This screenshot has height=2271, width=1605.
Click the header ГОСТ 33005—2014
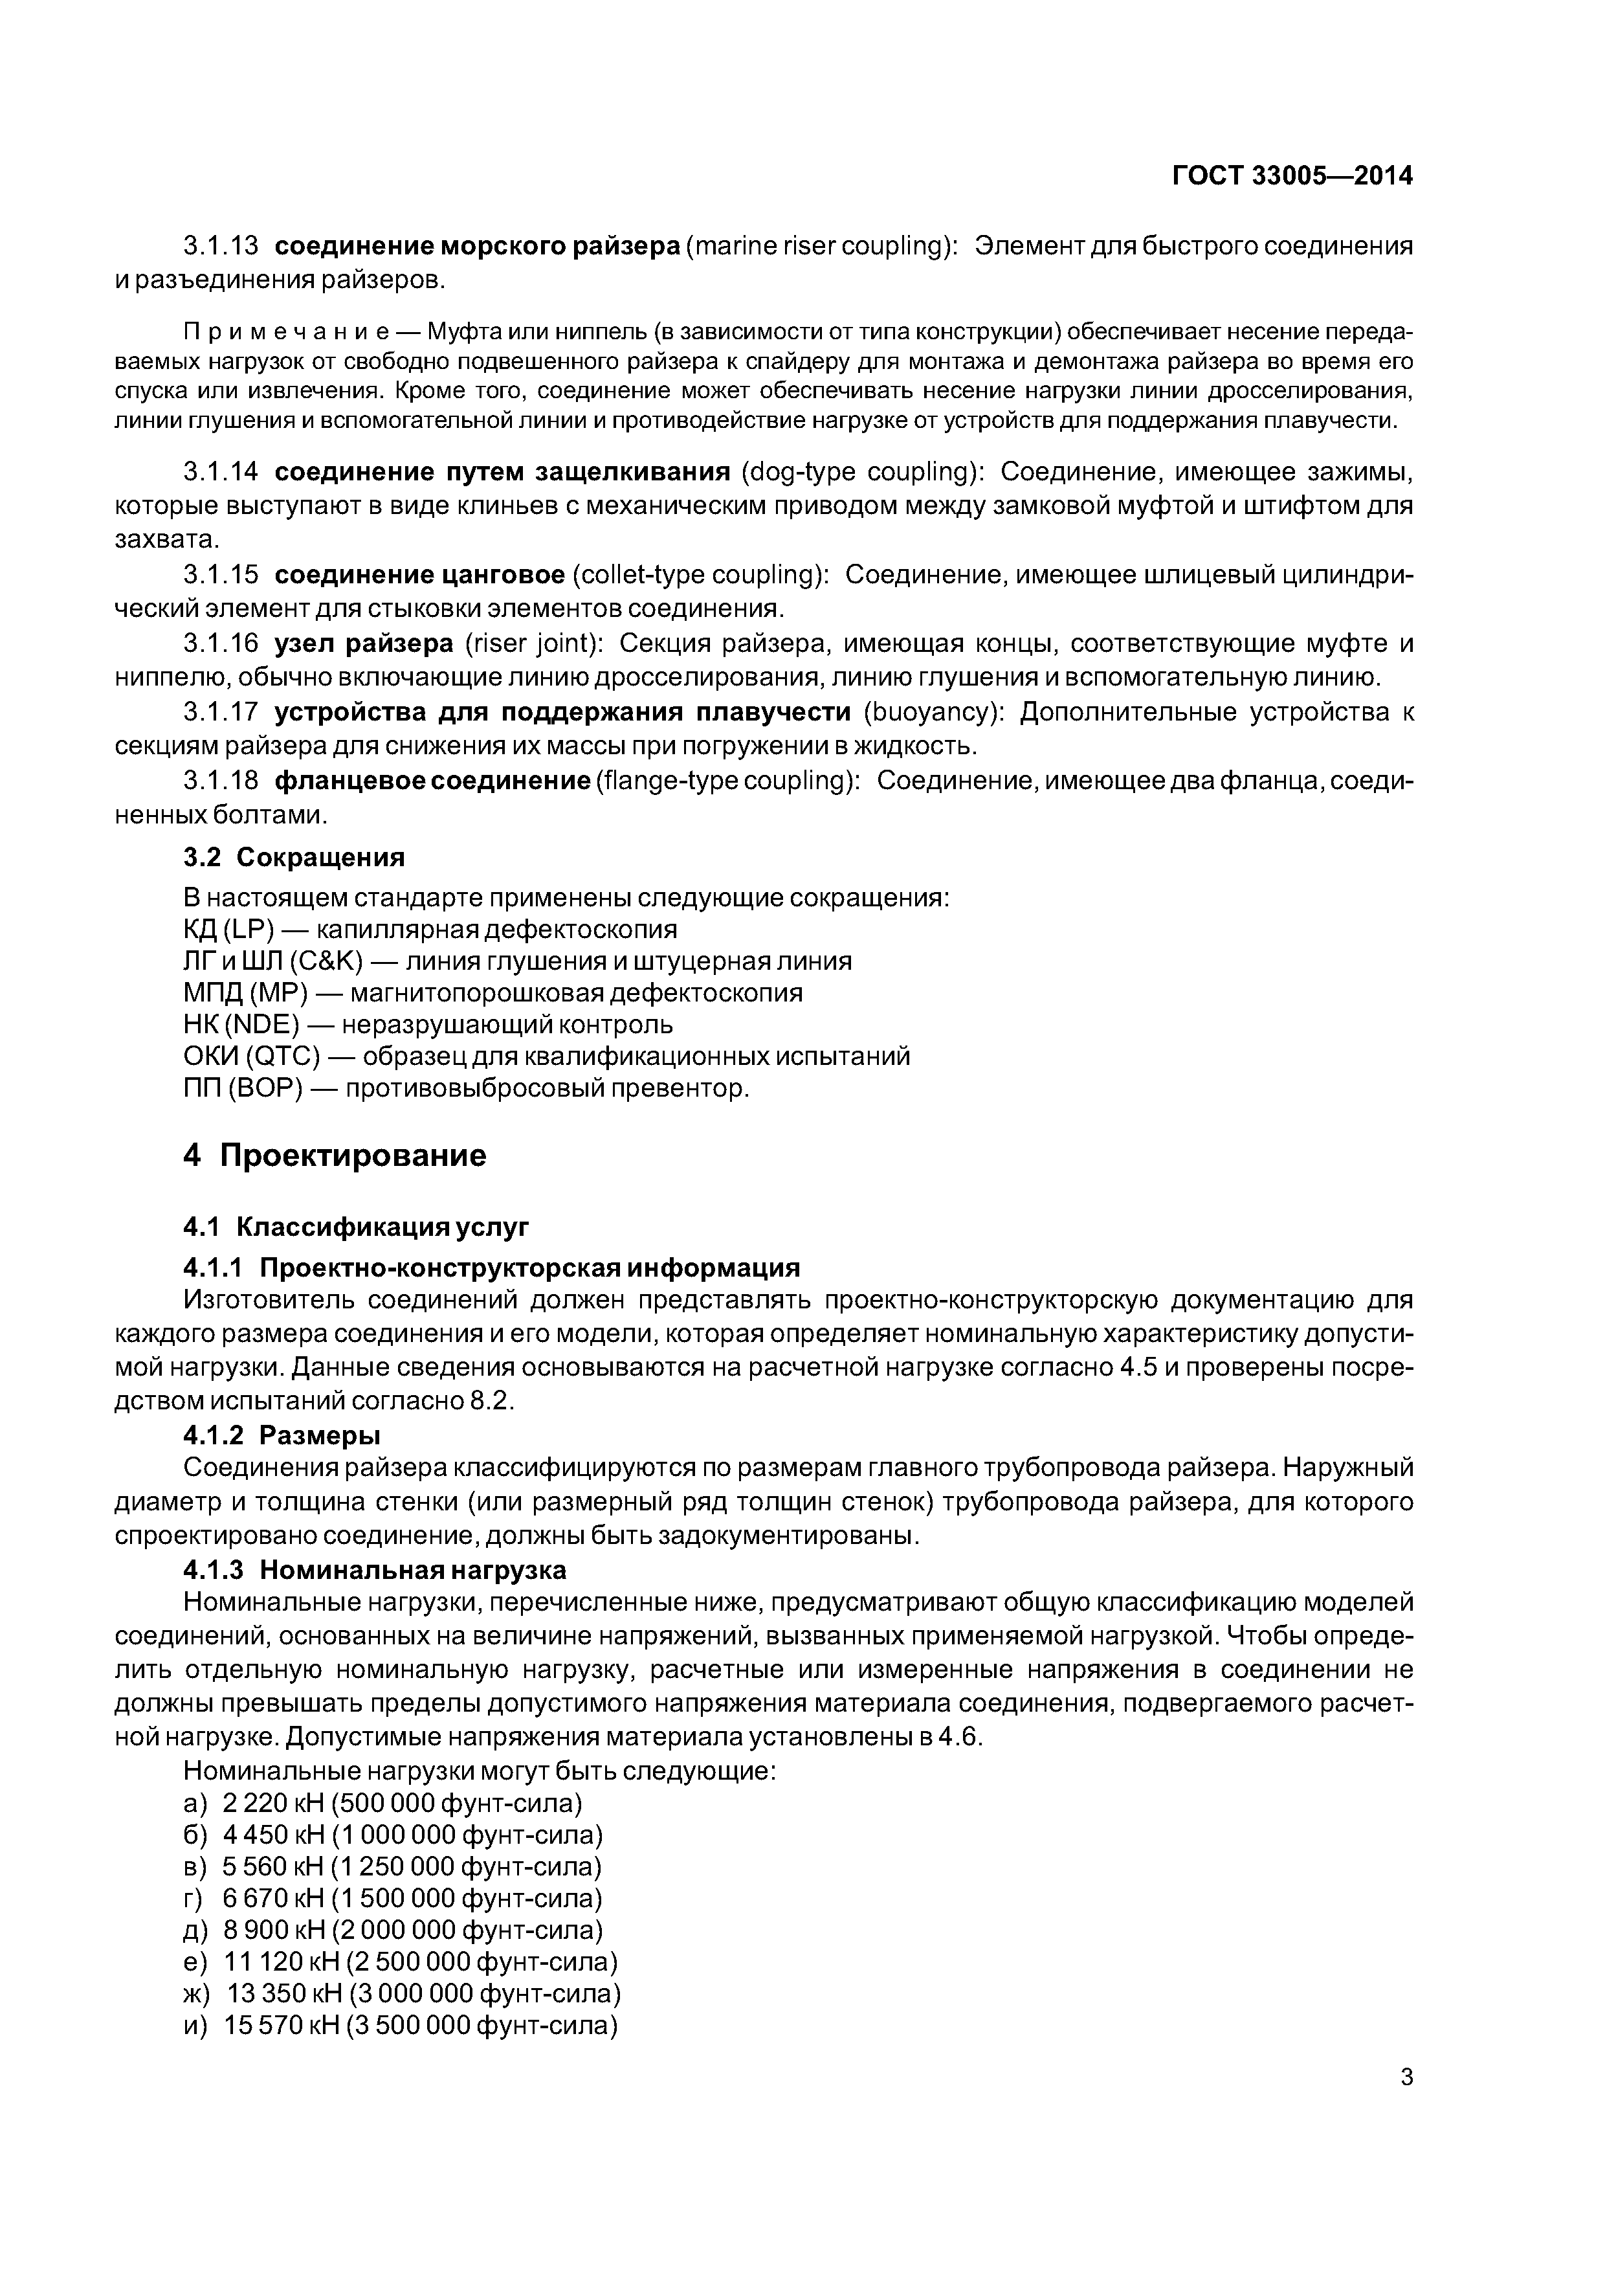1292,176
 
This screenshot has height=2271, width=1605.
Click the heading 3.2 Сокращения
294,856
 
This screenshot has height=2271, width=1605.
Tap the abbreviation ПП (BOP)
242,1088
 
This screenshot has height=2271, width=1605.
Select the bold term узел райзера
364,644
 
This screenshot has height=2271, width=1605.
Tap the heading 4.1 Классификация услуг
357,1227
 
